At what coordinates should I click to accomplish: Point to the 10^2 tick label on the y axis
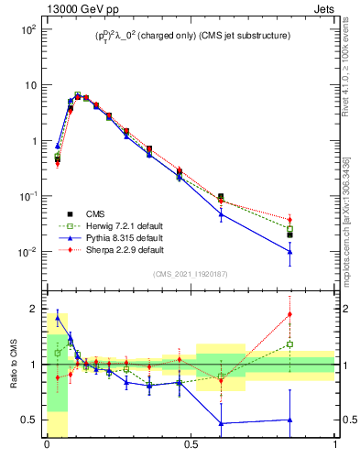(27, 29)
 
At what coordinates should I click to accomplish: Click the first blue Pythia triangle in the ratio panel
(58, 318)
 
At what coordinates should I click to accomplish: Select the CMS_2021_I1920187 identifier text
(191, 274)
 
